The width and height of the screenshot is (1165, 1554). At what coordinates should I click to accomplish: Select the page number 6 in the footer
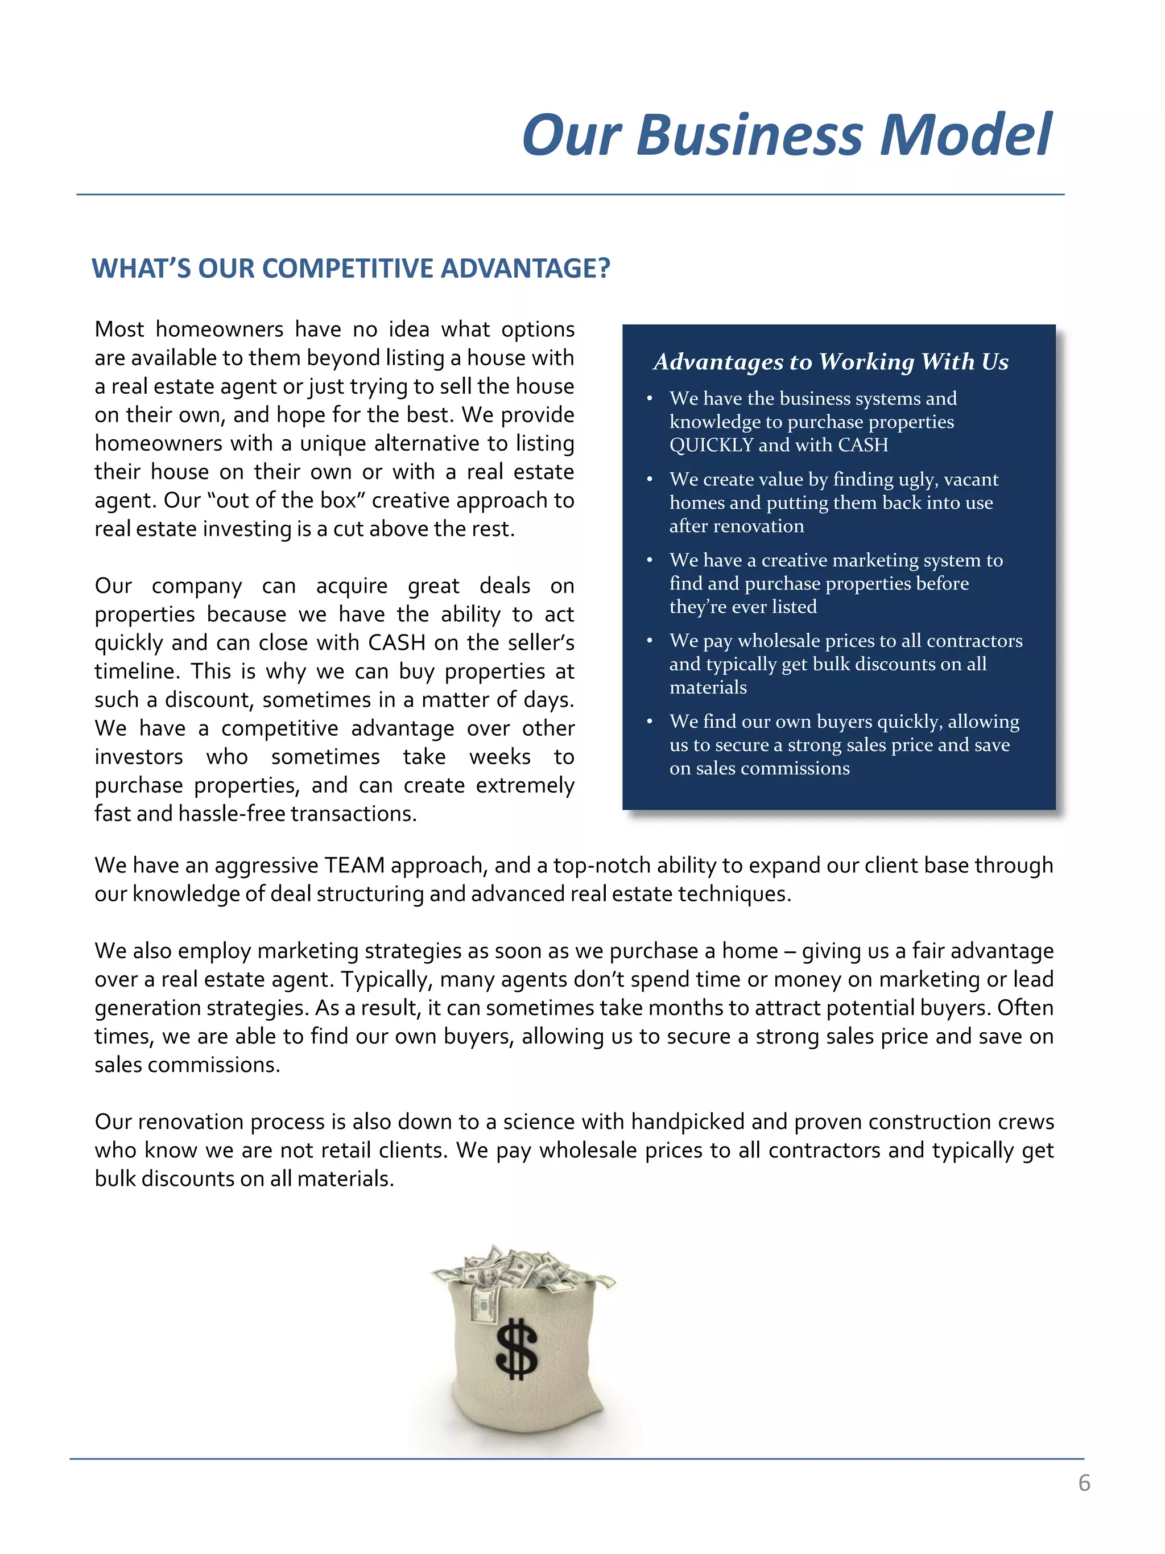click(x=1084, y=1482)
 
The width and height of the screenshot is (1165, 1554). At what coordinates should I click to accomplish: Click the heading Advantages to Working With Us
click(x=830, y=362)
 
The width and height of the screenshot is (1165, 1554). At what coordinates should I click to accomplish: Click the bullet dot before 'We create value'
click(x=650, y=480)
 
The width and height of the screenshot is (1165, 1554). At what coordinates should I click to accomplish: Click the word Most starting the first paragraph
click(x=119, y=329)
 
